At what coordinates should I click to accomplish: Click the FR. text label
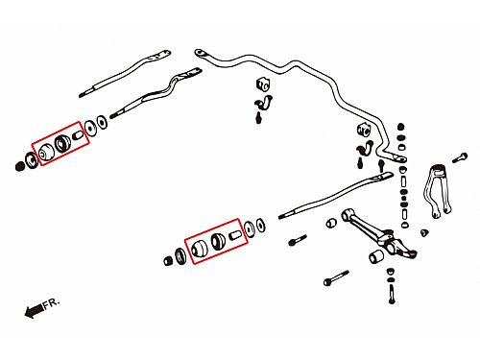pyautogui.click(x=51, y=302)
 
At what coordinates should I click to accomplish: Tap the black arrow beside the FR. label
pyautogui.click(x=34, y=310)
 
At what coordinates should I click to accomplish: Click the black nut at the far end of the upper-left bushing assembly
pyautogui.click(x=19, y=166)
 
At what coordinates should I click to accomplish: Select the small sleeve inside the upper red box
pyautogui.click(x=78, y=135)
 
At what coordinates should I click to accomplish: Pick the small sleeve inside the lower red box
pyautogui.click(x=235, y=235)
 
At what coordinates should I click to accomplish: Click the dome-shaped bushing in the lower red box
pyautogui.click(x=199, y=249)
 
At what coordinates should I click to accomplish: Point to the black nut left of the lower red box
pyautogui.click(x=168, y=261)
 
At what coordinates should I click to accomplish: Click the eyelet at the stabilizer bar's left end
pyautogui.click(x=200, y=53)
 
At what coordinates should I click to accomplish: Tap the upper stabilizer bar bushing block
pyautogui.click(x=263, y=84)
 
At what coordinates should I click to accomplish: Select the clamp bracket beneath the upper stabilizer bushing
pyautogui.click(x=264, y=103)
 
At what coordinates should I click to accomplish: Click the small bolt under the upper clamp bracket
pyautogui.click(x=258, y=118)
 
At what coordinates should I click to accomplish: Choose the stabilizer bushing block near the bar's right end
pyautogui.click(x=364, y=129)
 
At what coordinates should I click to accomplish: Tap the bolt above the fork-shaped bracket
pyautogui.click(x=460, y=158)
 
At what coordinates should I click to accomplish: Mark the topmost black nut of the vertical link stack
pyautogui.click(x=400, y=127)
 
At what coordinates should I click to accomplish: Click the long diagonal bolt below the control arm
pyautogui.click(x=336, y=278)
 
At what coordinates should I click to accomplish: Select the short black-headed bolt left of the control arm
pyautogui.click(x=298, y=240)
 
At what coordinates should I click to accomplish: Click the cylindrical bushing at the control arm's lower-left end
pyautogui.click(x=376, y=256)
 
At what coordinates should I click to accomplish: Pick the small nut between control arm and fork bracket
pyautogui.click(x=424, y=232)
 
